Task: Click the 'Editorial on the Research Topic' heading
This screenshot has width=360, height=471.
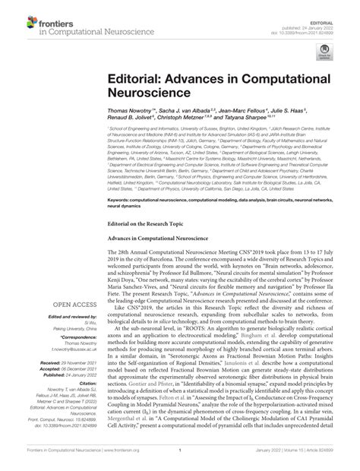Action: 143,223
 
